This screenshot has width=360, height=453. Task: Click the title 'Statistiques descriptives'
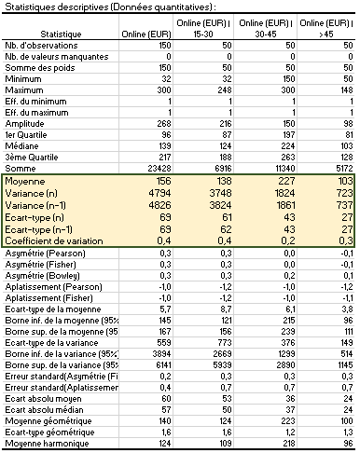click(x=56, y=7)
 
